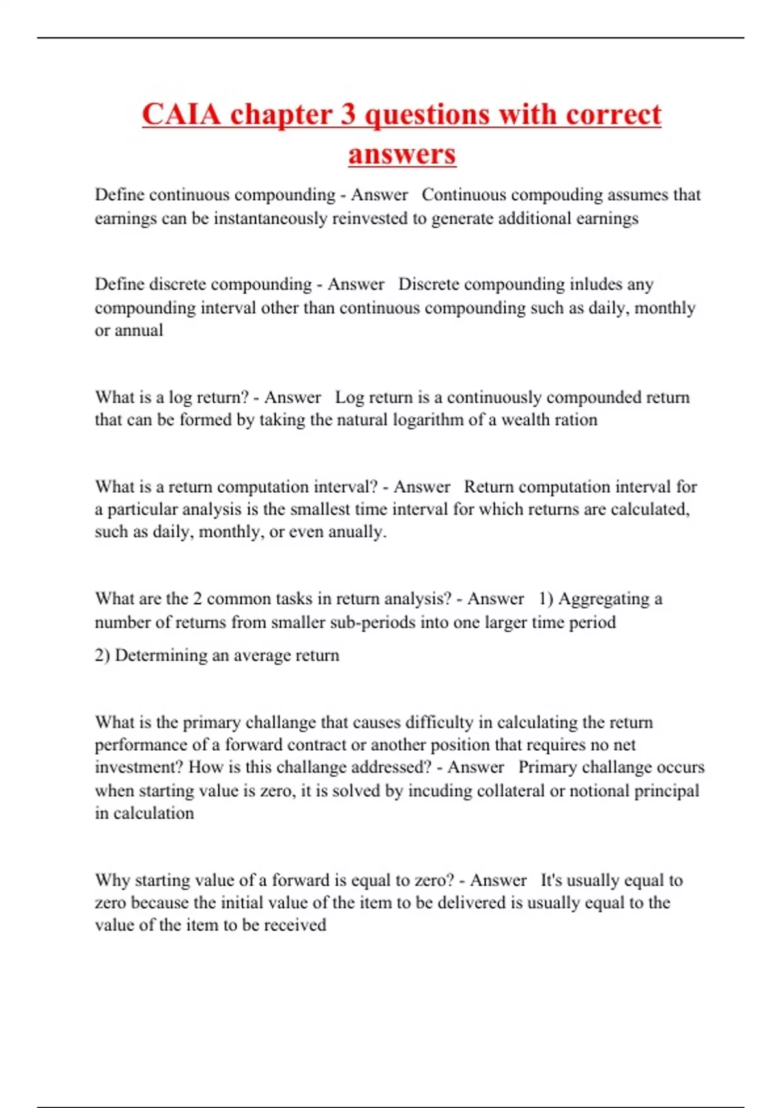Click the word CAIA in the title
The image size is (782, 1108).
pyautogui.click(x=181, y=115)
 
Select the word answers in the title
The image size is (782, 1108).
pyautogui.click(x=402, y=154)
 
